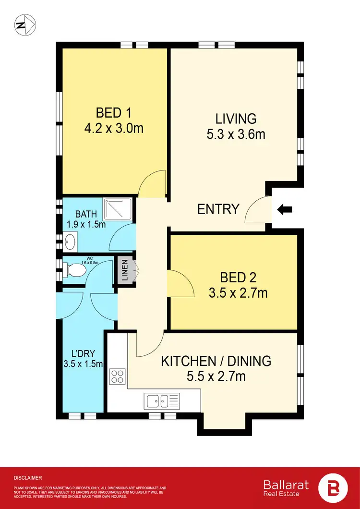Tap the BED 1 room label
click(114, 113)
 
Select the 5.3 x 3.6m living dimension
click(236, 134)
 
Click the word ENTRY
click(218, 209)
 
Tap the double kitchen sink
click(161, 399)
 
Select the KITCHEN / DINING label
click(216, 361)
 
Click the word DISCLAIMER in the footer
click(28, 478)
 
